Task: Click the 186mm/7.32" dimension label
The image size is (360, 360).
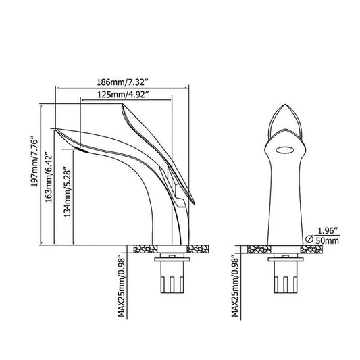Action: [x=123, y=82]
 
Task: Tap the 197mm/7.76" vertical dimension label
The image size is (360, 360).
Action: [x=34, y=162]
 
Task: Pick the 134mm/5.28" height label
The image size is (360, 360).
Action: [x=67, y=192]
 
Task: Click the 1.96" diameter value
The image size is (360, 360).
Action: [x=328, y=230]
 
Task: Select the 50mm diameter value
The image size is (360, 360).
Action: [x=328, y=241]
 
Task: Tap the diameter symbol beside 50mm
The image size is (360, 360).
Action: [x=309, y=239]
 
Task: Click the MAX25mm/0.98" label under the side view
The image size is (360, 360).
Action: [x=121, y=285]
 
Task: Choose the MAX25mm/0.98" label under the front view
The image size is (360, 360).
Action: [x=235, y=285]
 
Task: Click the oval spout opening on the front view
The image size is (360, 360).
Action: [x=285, y=151]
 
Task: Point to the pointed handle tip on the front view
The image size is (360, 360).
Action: [x=285, y=105]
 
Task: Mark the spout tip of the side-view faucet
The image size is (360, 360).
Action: [x=56, y=129]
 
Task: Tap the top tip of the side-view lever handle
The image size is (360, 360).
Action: [x=123, y=105]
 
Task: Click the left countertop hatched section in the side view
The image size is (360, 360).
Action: [x=146, y=249]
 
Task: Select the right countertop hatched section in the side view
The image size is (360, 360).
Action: [x=198, y=249]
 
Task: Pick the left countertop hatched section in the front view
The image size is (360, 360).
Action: [x=259, y=249]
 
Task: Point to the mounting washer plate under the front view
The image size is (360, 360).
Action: [x=286, y=259]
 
